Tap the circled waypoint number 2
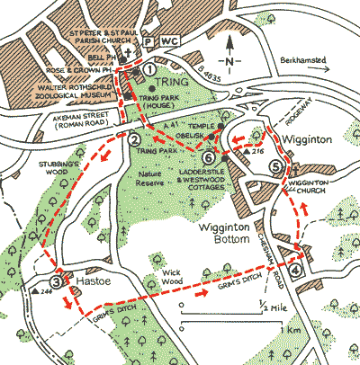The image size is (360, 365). click(134, 138)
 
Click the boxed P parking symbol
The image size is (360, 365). click(148, 41)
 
